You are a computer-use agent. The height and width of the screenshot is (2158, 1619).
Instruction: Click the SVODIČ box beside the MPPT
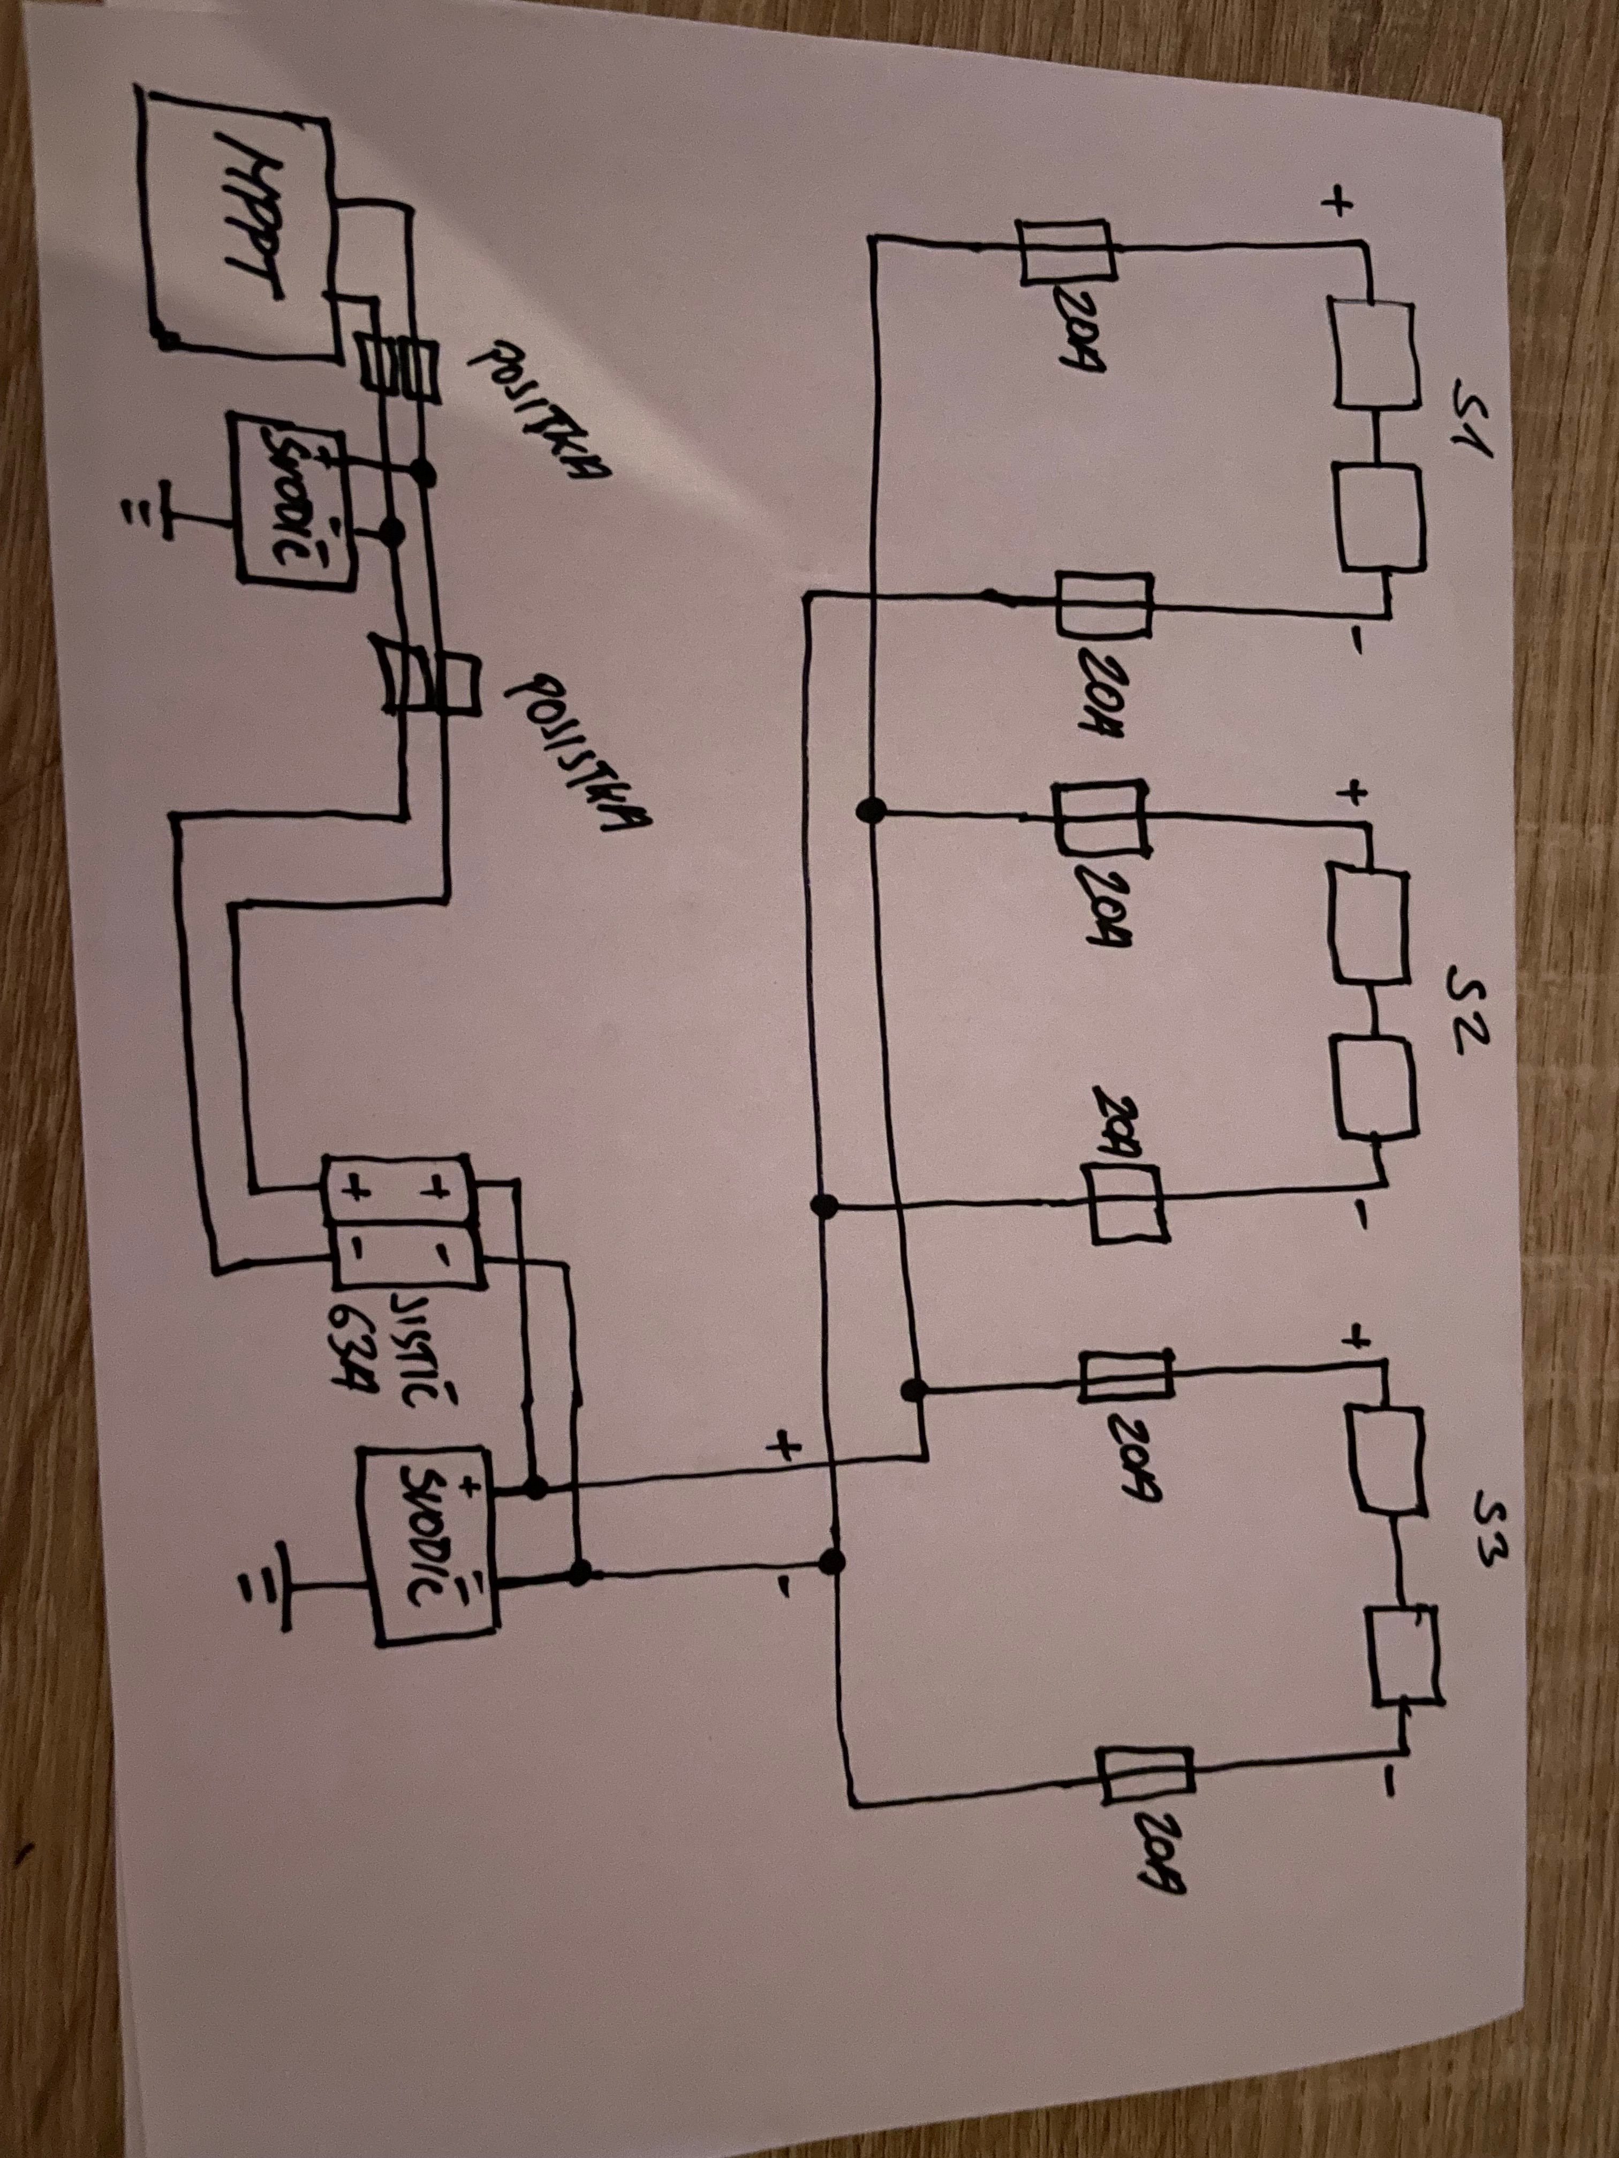pyautogui.click(x=288, y=498)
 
